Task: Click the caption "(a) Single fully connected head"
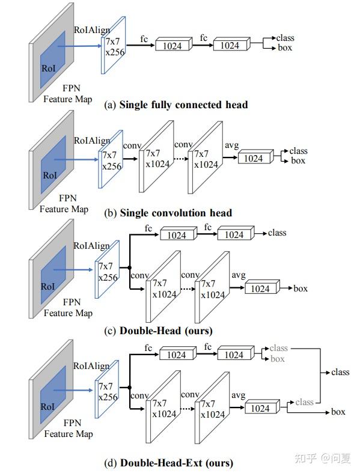175,105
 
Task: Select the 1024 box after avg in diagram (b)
254,158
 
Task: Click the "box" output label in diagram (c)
301,288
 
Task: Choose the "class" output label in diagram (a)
285,38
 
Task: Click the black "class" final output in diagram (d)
340,372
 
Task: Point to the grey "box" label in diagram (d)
277,359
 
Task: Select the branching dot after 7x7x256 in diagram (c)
129,267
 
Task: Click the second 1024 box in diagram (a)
230,45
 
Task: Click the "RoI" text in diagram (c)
48,287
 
